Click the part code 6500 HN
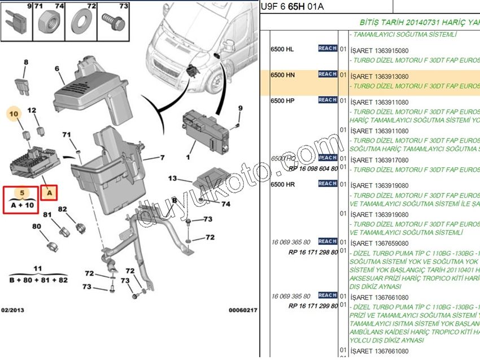tap(283, 75)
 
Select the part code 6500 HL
tap(282, 49)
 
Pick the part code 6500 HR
tap(283, 185)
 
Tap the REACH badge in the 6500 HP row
tap(328, 100)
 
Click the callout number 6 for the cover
tap(57, 69)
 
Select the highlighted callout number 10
tap(15, 114)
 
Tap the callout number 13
tap(172, 179)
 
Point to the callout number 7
tap(162, 158)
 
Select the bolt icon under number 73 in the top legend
tap(111, 25)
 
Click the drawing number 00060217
tap(242, 310)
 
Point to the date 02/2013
tap(12, 310)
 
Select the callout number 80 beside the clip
tap(37, 226)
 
